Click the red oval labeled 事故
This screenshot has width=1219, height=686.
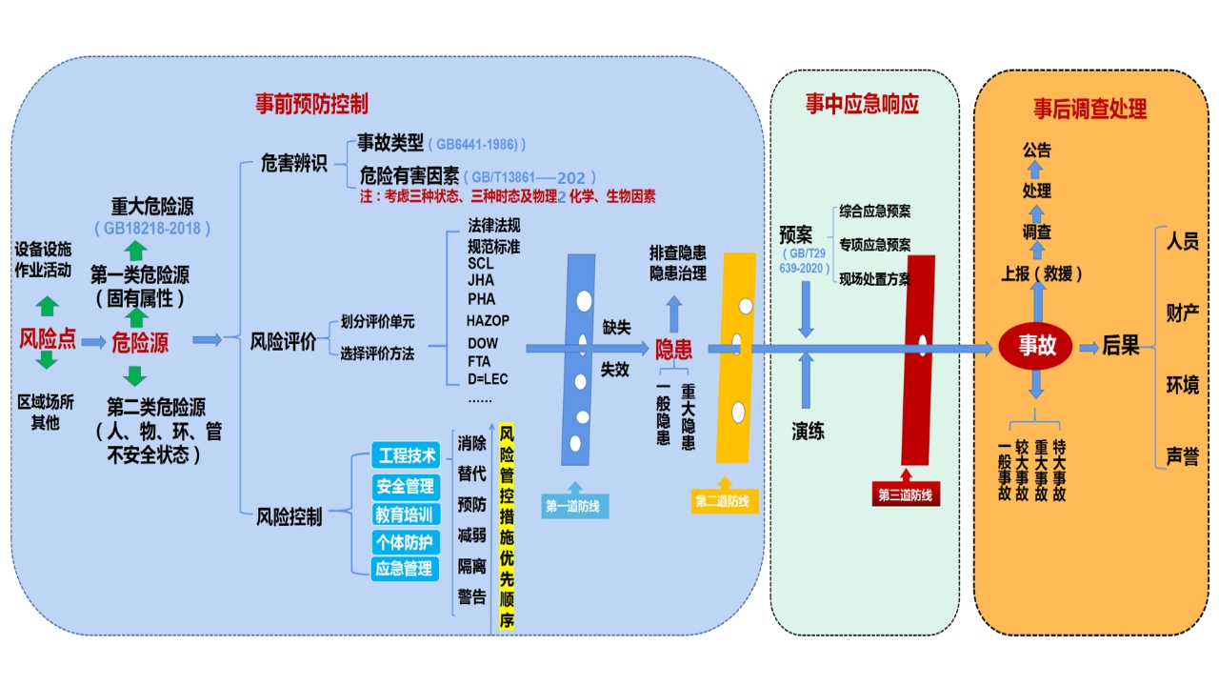1037,345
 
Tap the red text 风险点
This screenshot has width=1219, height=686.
48,339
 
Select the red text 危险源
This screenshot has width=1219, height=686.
140,341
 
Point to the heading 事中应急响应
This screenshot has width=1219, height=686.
862,104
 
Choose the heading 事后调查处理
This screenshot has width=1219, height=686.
1090,109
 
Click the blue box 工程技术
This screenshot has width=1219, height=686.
407,455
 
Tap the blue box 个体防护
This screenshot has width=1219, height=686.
405,542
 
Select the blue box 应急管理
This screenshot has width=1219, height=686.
405,569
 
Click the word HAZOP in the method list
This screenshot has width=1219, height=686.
488,320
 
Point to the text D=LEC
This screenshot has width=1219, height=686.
488,379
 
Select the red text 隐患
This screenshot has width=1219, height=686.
673,349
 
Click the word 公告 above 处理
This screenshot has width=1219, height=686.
1037,151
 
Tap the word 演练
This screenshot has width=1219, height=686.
808,432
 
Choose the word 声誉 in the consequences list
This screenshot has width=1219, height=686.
1183,456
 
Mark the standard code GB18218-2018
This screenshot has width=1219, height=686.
152,229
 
